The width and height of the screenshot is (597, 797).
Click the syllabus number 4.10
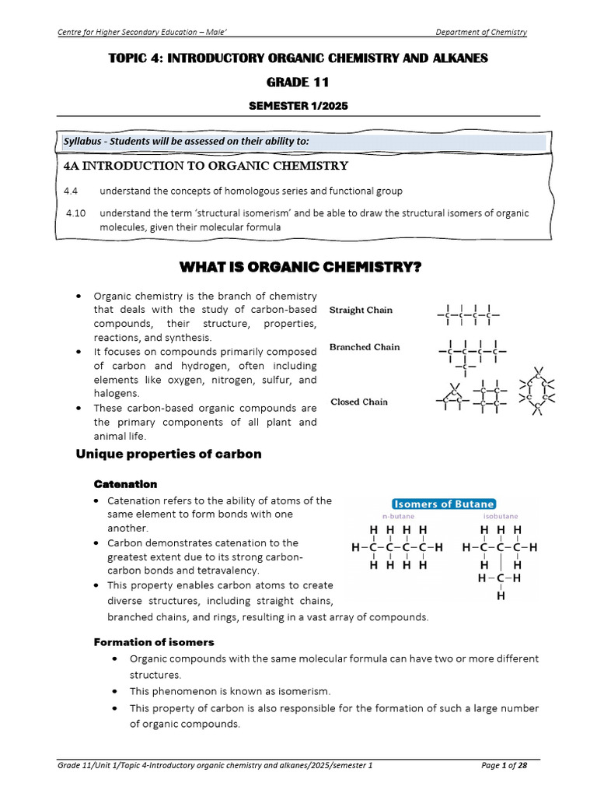pos(75,213)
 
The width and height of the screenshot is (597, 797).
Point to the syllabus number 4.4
pos(72,191)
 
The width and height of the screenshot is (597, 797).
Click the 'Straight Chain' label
pos(361,310)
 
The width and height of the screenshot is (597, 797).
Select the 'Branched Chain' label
pos(365,347)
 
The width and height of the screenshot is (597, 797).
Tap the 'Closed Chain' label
pos(358,402)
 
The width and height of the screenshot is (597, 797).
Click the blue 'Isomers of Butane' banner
pos(442,504)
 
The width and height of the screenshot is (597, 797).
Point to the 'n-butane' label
pos(396,516)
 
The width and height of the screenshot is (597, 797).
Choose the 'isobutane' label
pos(501,516)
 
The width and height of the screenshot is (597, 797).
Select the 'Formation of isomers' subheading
pos(154,642)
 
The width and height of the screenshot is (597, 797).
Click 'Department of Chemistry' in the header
pos(481,32)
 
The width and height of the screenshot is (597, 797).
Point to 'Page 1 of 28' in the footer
pos(504,766)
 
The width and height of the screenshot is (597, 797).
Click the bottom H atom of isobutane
pos(501,597)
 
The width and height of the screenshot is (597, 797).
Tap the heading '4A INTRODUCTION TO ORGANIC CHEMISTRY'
pos(205,166)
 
